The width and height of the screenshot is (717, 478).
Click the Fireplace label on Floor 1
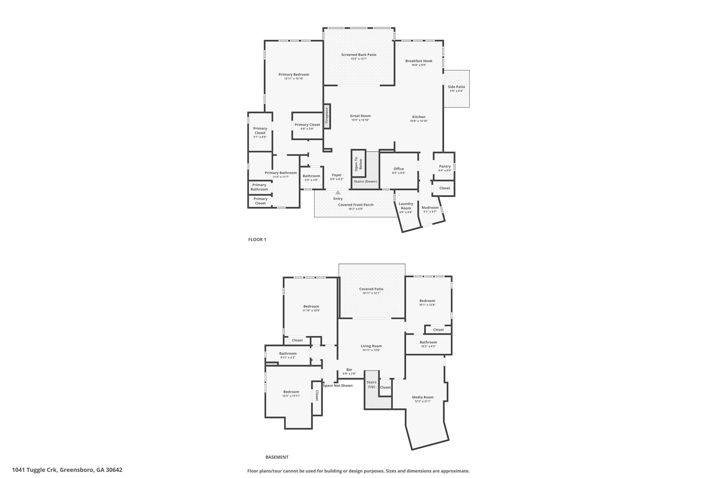tap(326, 116)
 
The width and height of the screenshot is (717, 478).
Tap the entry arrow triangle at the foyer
tap(338, 193)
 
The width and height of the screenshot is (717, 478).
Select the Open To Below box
tap(358, 164)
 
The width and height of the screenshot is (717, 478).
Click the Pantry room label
tap(445, 166)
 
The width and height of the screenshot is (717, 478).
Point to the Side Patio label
tap(456, 87)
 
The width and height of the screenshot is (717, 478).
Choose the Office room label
tap(398, 169)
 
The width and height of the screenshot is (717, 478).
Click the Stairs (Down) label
tap(365, 181)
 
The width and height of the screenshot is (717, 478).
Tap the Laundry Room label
tap(406, 206)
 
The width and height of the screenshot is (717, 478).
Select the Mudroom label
tap(430, 208)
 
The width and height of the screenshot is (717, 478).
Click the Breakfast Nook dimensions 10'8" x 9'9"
tap(418, 65)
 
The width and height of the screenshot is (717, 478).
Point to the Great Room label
tap(360, 116)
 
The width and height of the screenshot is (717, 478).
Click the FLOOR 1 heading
tap(257, 240)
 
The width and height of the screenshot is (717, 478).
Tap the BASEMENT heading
tap(277, 457)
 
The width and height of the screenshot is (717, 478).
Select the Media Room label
tap(423, 397)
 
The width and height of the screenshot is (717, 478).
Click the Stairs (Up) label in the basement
tap(371, 384)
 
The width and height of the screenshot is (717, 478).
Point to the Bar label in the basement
tap(349, 369)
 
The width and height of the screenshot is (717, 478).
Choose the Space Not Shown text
tap(337, 386)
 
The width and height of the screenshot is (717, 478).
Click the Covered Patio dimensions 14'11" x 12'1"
tap(371, 293)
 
